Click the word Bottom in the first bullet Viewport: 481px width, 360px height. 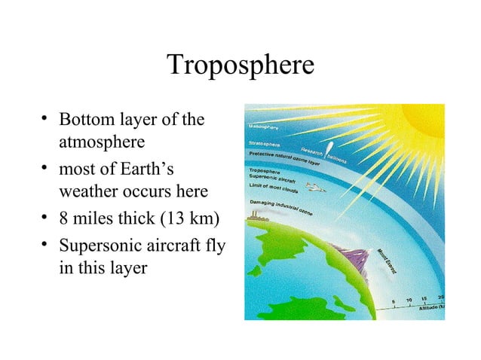coord(84,120)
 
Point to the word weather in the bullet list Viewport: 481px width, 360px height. coord(87,189)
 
